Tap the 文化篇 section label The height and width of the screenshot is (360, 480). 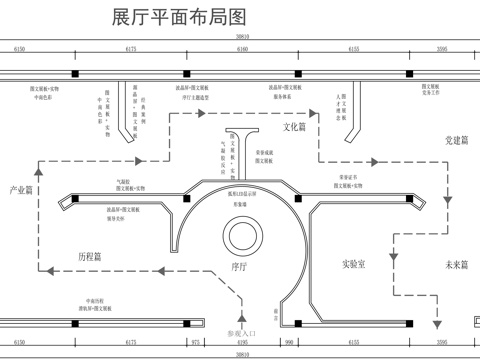coord(296,127)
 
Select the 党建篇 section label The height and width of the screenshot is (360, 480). coord(457,141)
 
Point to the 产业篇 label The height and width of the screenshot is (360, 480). coord(21,189)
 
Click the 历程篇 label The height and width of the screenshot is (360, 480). coord(90,257)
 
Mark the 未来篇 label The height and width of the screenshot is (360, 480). coord(457,264)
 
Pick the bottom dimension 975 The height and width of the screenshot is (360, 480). coord(196,341)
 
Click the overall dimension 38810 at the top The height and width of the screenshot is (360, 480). coord(241,36)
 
